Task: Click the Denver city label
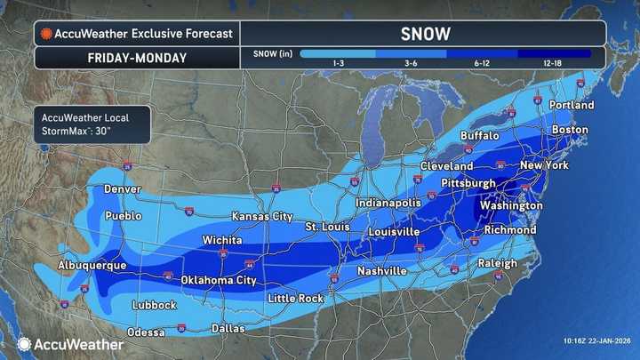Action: (x=122, y=189)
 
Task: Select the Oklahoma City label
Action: (x=219, y=280)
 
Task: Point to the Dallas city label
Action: (x=228, y=328)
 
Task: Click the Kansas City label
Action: (x=262, y=216)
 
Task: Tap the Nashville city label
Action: (x=381, y=270)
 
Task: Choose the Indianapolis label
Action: (x=388, y=203)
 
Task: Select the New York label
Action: (x=544, y=165)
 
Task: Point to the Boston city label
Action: (x=570, y=130)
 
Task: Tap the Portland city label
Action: (x=572, y=105)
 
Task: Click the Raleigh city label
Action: (x=497, y=263)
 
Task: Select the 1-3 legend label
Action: (x=338, y=65)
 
